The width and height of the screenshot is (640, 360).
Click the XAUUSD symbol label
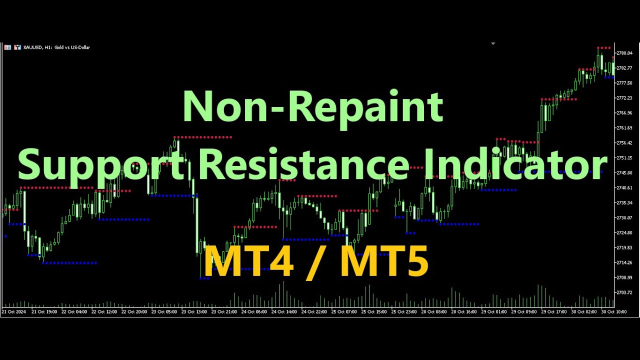[x=33, y=47]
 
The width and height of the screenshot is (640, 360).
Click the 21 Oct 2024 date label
[x=14, y=311]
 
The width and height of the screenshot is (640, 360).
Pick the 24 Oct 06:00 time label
[x=254, y=311]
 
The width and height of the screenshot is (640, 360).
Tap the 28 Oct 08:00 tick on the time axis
[x=434, y=311]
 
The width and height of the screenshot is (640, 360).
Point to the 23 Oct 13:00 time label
[x=194, y=311]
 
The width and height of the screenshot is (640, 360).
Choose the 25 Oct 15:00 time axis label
[x=374, y=311]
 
